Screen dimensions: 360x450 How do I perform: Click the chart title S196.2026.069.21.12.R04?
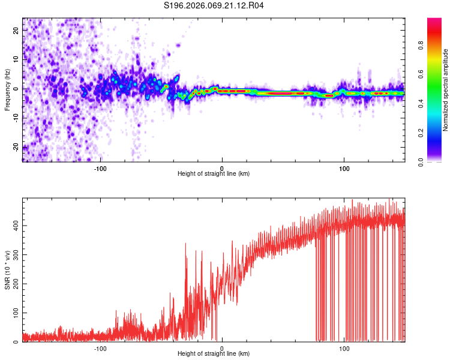214,6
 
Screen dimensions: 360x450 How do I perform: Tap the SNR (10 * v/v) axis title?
7,271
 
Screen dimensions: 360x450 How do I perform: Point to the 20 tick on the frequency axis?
16,29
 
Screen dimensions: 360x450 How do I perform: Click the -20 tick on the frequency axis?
15,147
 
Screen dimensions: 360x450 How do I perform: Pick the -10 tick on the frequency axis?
15,118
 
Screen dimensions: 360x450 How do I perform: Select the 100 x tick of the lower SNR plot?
344,348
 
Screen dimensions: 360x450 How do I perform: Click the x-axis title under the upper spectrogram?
214,174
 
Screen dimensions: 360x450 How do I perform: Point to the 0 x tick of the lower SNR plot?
222,348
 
